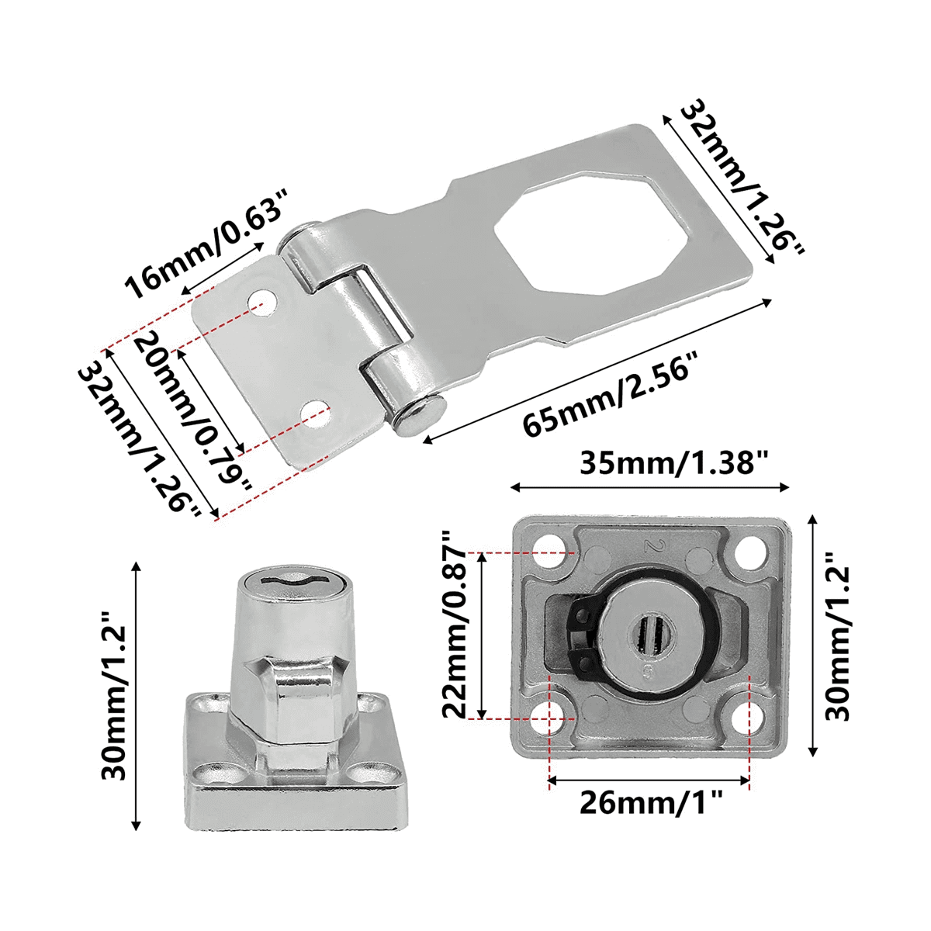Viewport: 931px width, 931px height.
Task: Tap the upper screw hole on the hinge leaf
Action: [264, 302]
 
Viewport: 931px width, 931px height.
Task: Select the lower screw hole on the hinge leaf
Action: [315, 411]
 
